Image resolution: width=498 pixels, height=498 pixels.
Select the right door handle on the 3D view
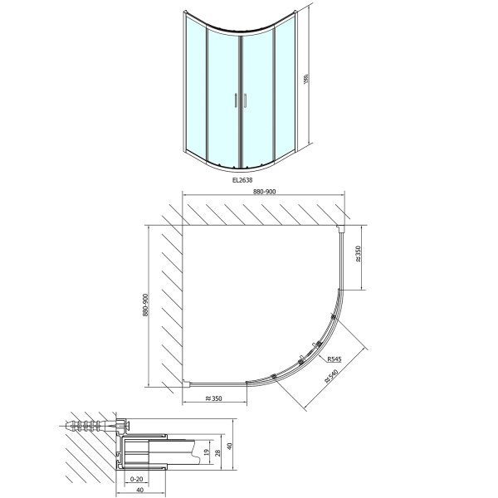(x=244, y=101)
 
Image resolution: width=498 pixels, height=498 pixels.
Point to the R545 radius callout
(x=334, y=359)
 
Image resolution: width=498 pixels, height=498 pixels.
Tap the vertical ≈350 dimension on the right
(x=358, y=255)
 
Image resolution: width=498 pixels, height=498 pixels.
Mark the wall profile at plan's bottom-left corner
(x=187, y=383)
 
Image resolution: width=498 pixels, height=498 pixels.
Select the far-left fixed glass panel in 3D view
(x=194, y=85)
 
